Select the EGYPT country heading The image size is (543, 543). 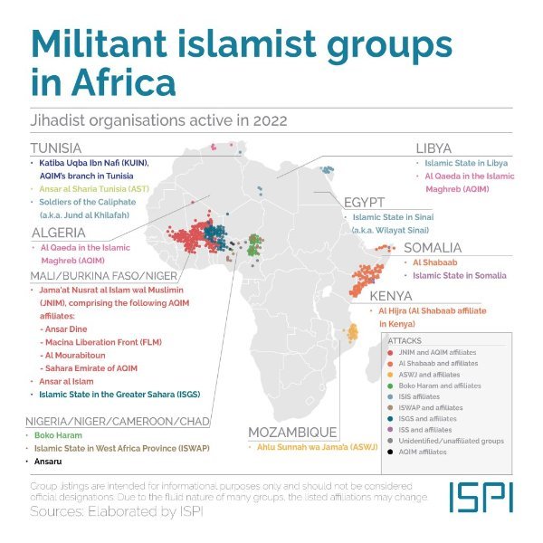tap(365, 202)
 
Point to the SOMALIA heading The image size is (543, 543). tap(433, 247)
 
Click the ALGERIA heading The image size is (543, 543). tap(60, 232)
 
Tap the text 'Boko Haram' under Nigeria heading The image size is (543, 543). tap(61, 435)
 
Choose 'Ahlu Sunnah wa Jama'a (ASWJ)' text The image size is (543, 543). tap(312, 446)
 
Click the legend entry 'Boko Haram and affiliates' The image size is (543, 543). tap(441, 386)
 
